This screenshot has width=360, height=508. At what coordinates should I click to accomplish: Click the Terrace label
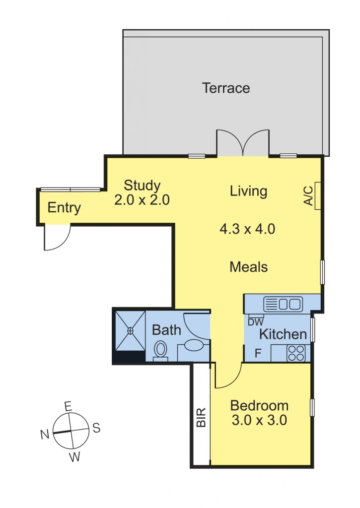(225, 88)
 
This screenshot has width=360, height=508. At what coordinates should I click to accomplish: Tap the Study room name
(142, 186)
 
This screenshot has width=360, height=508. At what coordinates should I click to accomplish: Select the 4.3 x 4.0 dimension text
(247, 229)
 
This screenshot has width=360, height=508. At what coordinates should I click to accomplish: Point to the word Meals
(248, 267)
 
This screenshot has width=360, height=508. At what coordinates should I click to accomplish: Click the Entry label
(64, 208)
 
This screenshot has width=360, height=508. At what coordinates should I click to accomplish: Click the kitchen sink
(283, 303)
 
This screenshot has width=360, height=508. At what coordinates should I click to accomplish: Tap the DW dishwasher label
(255, 321)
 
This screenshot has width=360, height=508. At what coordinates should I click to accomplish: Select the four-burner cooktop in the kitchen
(296, 353)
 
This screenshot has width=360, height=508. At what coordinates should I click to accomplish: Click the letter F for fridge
(258, 354)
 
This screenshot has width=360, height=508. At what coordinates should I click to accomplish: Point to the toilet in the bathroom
(160, 349)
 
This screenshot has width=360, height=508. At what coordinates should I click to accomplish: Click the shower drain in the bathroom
(131, 330)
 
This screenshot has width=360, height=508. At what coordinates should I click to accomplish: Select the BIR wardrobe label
(201, 418)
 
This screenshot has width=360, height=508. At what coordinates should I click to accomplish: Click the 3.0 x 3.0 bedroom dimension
(259, 421)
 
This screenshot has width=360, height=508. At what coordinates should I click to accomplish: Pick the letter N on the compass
(45, 435)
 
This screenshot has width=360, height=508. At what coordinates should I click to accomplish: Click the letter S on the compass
(96, 428)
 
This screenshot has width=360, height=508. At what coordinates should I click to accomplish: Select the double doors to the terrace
(243, 144)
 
